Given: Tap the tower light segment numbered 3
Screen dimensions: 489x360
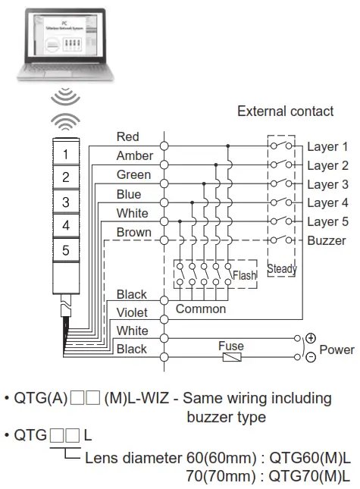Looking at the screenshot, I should (x=66, y=202).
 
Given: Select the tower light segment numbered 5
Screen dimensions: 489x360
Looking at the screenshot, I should (x=66, y=249).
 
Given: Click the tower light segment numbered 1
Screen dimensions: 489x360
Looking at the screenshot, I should (x=66, y=154).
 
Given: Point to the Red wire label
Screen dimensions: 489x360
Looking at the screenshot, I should (x=128, y=136).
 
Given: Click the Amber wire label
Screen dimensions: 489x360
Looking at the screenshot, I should (x=135, y=155).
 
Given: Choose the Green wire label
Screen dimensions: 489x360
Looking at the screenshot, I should (x=133, y=174).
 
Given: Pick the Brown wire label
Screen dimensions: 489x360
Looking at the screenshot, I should (x=134, y=232).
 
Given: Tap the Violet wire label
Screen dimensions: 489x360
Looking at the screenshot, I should (x=132, y=312).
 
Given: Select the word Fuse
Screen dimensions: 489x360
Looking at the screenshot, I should (x=231, y=346).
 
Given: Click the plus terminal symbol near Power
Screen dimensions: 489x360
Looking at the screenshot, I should (x=311, y=339).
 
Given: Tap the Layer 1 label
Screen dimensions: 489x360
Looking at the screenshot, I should (x=327, y=146).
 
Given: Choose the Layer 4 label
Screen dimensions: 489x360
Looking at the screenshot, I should (x=327, y=203).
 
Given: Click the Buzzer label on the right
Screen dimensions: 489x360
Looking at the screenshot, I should (x=327, y=241).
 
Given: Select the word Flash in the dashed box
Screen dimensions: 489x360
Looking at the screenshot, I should (x=244, y=275).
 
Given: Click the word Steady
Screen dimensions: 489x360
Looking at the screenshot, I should (x=282, y=268).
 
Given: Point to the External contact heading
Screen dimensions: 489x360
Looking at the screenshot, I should (x=285, y=111).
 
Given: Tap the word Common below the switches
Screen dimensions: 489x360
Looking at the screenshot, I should (x=201, y=309).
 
